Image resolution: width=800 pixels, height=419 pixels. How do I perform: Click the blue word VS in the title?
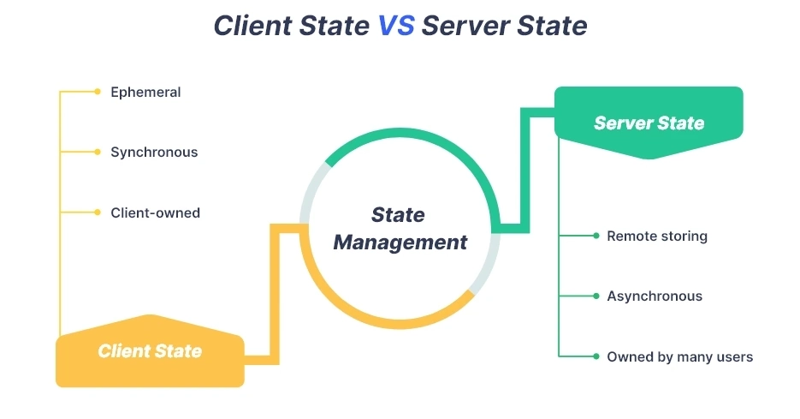pos(395,26)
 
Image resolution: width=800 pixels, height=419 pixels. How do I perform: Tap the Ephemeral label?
pos(145,92)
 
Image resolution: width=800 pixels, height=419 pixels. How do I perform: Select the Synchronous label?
pos(154,152)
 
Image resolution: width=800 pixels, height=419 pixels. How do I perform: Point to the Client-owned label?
pos(155,212)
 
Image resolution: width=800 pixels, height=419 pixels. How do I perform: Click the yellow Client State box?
pos(150,351)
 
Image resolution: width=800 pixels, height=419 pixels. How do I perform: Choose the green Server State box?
pos(649,123)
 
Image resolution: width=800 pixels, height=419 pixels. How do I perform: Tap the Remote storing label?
pos(657,236)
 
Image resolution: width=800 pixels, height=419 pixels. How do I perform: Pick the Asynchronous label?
pos(655,296)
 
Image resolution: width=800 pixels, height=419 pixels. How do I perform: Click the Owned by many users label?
pos(679,356)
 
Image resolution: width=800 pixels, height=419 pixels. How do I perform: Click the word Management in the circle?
pos(400,242)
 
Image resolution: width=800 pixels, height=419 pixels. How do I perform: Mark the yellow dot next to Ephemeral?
pos(98,92)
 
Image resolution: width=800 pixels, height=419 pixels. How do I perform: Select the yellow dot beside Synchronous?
pos(98,152)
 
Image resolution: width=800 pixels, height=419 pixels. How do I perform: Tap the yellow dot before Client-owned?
pos(98,212)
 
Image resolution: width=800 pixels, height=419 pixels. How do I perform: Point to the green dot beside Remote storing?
pos(596,236)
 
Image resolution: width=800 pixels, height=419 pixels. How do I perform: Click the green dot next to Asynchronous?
pos(596,296)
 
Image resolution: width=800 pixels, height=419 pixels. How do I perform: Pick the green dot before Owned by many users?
pos(596,356)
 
